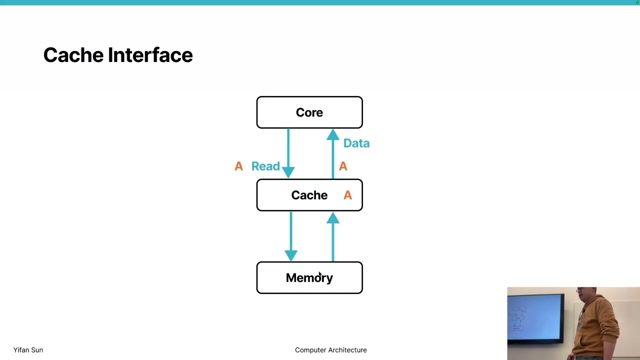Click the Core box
(x=309, y=112)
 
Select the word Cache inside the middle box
(x=309, y=195)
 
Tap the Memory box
(x=309, y=278)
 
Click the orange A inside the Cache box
(x=347, y=195)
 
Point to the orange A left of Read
(x=238, y=166)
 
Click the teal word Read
(x=265, y=166)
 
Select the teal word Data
(x=356, y=143)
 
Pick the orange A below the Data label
(x=343, y=166)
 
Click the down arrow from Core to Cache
(x=288, y=152)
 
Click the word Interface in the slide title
(x=150, y=55)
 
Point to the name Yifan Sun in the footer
(x=28, y=350)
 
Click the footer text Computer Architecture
(x=330, y=350)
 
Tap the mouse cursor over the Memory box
(x=319, y=274)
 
